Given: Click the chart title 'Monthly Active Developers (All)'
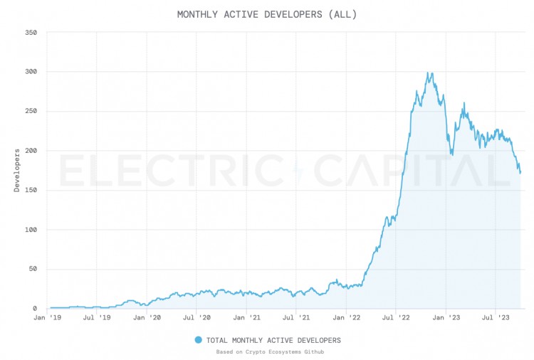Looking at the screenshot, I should (267, 14).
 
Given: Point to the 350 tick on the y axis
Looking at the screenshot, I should (31, 33).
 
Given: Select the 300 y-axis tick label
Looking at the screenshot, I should (31, 72).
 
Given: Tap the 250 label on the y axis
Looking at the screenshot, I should (31, 112).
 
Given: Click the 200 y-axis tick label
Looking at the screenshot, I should (31, 151).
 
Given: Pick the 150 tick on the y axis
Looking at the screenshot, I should (31, 191).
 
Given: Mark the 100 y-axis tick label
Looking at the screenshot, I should (31, 230).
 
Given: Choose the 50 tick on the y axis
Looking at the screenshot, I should (33, 270).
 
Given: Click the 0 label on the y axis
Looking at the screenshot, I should (35, 309).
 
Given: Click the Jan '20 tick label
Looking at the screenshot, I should (147, 318).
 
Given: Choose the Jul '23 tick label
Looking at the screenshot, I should (497, 318).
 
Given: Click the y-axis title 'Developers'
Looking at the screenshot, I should (16, 170).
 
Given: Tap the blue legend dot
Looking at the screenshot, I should (199, 340).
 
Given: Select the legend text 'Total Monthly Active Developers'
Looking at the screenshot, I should (273, 340).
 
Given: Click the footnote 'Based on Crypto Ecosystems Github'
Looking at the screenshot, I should (267, 351).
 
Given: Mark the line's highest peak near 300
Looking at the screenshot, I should (429, 73).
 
